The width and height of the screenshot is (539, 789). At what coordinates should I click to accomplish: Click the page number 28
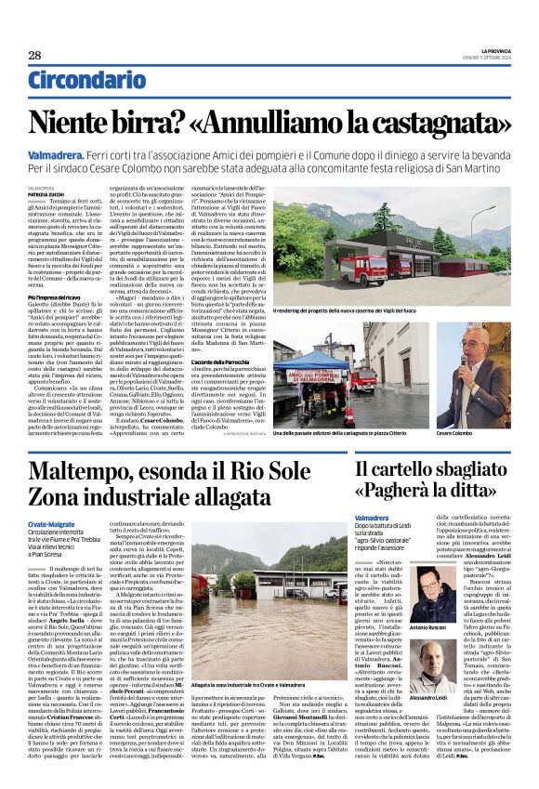pos(34,55)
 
